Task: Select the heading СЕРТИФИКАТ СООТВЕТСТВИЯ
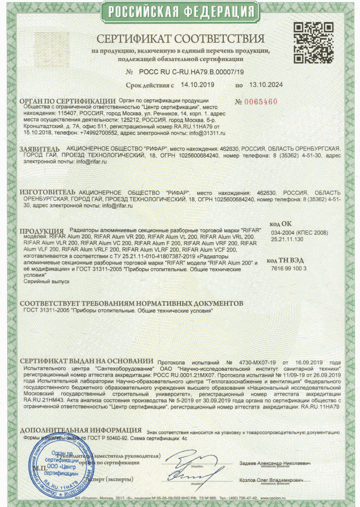(180, 38)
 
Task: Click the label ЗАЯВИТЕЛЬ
(40, 149)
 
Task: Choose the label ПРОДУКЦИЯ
(42, 231)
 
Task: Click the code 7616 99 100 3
(289, 268)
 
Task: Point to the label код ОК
(280, 223)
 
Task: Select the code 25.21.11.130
(287, 239)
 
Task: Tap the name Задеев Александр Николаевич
(275, 463)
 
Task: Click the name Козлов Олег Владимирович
(271, 480)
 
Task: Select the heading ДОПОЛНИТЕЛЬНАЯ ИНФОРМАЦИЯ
(81, 430)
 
